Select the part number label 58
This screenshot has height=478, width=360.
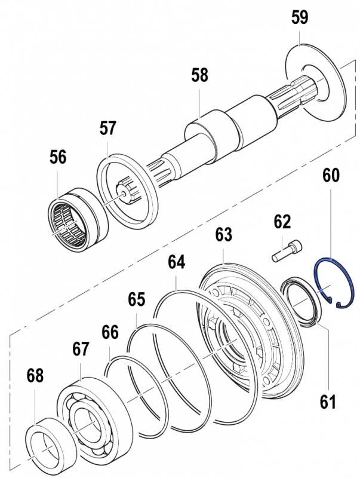click(x=200, y=76)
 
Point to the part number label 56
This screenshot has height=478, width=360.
click(x=58, y=157)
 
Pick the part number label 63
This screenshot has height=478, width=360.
click(x=223, y=234)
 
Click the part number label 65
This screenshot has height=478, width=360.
click(x=137, y=299)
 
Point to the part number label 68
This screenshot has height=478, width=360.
click(x=35, y=376)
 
